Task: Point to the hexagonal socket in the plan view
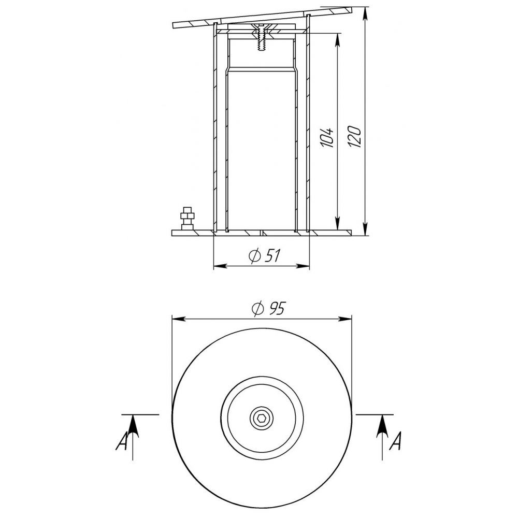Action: [261, 419]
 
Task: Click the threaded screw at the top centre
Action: [261, 37]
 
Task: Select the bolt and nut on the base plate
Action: [187, 219]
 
